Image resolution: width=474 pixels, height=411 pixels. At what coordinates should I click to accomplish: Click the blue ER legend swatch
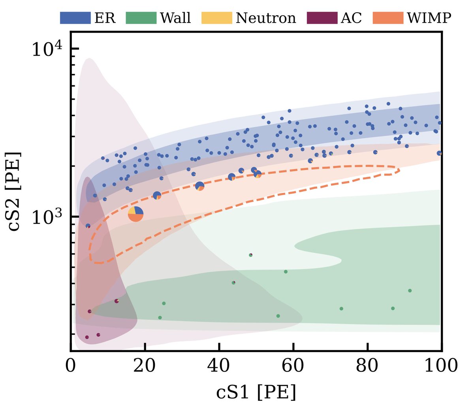[x=75, y=18]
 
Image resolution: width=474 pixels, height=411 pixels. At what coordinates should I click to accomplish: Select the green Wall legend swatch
[x=141, y=18]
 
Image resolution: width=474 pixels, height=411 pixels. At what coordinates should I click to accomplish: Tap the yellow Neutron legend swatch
[x=217, y=18]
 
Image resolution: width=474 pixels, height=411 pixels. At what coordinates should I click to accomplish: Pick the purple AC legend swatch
[x=322, y=18]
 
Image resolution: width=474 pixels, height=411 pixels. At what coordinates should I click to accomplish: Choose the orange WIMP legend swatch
[x=388, y=18]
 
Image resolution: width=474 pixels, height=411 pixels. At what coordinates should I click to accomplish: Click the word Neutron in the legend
[x=265, y=18]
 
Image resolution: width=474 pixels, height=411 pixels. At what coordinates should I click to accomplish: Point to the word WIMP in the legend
[x=429, y=18]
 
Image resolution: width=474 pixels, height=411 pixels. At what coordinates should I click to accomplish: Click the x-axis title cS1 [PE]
[x=256, y=392]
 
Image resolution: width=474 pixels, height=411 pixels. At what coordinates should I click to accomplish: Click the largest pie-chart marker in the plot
[x=135, y=214]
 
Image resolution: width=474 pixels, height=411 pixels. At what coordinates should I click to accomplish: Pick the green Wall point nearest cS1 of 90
[x=410, y=290]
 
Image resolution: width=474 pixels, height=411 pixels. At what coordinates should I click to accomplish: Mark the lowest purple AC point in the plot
[x=87, y=337]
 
